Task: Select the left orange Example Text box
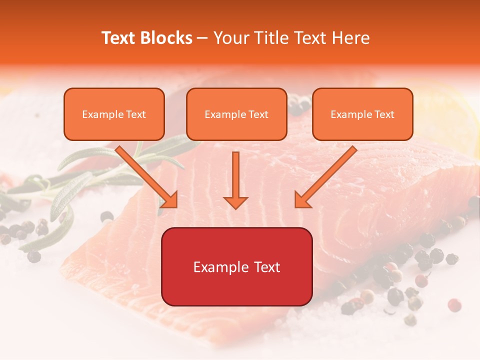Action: [x=114, y=114]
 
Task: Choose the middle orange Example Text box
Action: [x=236, y=114]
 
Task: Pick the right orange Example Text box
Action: [x=362, y=114]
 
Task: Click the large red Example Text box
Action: [x=236, y=266]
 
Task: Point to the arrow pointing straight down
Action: [x=235, y=180]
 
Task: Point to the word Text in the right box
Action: [x=384, y=114]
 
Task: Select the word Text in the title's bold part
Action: [x=118, y=38]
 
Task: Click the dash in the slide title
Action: [x=202, y=38]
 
